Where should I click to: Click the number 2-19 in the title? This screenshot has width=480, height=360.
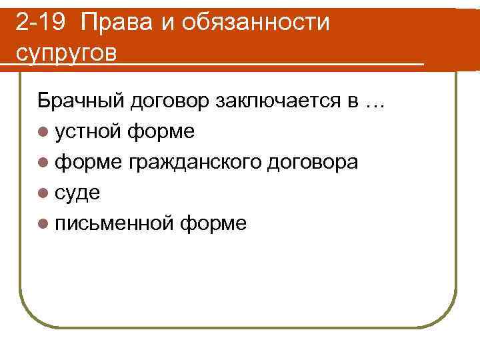(41, 23)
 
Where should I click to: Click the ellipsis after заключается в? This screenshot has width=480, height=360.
(375, 102)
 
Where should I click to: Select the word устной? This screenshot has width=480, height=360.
(89, 131)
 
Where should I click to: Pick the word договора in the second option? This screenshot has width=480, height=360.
(312, 162)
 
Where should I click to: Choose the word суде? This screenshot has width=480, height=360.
(78, 193)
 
